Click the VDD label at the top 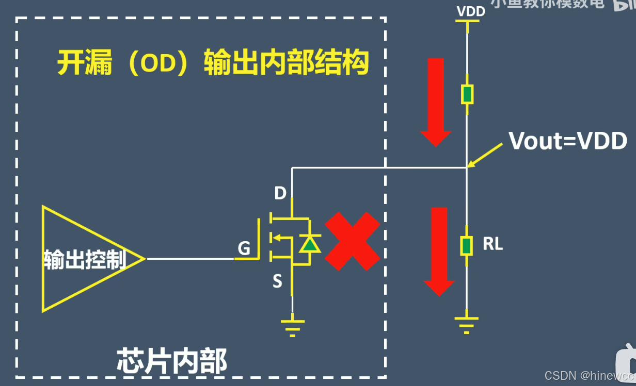click(x=471, y=11)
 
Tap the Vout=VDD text click(x=568, y=141)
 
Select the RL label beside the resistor click(x=492, y=244)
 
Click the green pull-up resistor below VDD click(x=467, y=94)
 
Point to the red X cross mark click(x=352, y=241)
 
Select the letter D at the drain click(x=280, y=193)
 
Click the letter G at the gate click(x=244, y=249)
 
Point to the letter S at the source click(x=277, y=281)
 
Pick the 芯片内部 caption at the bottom click(x=172, y=361)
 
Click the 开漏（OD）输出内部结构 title click(x=213, y=63)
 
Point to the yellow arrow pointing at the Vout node click(x=485, y=154)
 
